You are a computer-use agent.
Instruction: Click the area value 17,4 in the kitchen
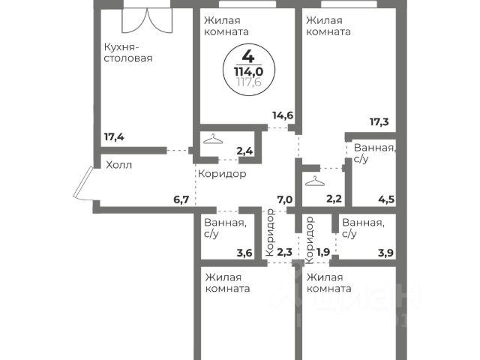[115, 137]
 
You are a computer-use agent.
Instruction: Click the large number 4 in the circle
[247, 55]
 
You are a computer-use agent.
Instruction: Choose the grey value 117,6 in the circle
[247, 82]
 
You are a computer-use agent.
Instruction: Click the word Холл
[118, 165]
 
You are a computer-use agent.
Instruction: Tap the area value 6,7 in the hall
[182, 199]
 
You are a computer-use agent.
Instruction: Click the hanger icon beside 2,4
[214, 140]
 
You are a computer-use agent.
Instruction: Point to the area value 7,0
[284, 199]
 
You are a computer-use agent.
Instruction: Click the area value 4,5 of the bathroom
[386, 199]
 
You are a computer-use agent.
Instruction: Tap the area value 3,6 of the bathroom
[244, 253]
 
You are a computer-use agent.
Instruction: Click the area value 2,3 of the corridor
[285, 253]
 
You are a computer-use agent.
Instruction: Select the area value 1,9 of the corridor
[323, 253]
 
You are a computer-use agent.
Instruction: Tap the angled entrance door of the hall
[82, 184]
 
